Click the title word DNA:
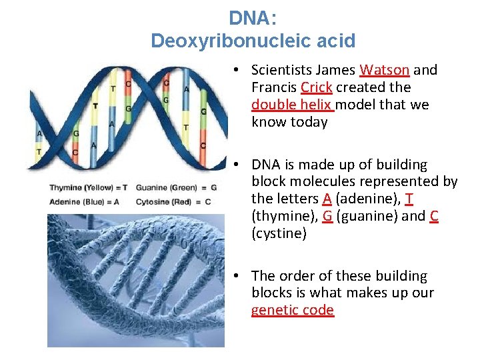(x=253, y=18)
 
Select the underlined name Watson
(x=385, y=70)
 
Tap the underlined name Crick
(x=316, y=87)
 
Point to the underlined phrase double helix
(x=291, y=105)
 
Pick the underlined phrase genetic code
(x=292, y=310)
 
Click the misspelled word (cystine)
(x=279, y=233)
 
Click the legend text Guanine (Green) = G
(x=176, y=187)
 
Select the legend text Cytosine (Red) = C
(x=173, y=201)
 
